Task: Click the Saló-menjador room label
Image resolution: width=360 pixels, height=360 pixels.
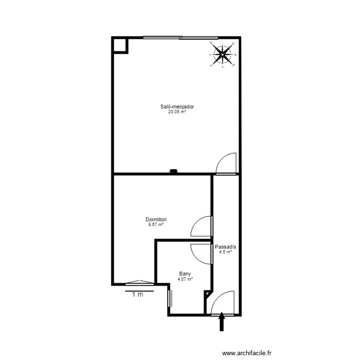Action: point(177,107)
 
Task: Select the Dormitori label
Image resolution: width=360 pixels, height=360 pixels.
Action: point(156,219)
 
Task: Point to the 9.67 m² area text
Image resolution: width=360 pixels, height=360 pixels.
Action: point(156,224)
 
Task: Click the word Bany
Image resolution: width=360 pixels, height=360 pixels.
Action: point(185,274)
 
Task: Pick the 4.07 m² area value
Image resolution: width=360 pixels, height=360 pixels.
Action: point(185,279)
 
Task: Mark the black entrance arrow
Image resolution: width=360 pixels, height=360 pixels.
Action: point(222,322)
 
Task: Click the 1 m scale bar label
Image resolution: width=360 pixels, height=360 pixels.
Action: point(138,295)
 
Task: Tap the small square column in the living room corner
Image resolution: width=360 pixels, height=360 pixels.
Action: point(120,45)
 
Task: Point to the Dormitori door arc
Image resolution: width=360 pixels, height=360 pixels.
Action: point(201,227)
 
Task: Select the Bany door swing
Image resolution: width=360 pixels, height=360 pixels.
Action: point(202,253)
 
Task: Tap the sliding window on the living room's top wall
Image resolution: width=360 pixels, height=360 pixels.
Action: point(180,37)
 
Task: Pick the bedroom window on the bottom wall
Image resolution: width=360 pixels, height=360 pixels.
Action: point(137,283)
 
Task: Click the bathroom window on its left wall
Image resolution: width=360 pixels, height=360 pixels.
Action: point(169,298)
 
